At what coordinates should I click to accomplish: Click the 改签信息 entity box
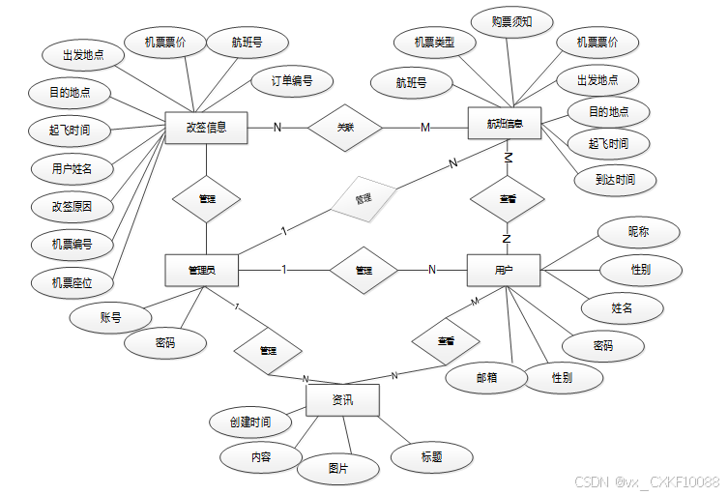click(x=206, y=128)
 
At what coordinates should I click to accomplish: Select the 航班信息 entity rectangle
click(x=505, y=124)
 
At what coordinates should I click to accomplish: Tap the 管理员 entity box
click(x=201, y=270)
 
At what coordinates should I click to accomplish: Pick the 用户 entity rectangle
click(x=503, y=270)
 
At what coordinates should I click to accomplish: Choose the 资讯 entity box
click(x=342, y=399)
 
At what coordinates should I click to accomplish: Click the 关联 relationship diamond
click(x=345, y=128)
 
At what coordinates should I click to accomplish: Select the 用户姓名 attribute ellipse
click(x=73, y=168)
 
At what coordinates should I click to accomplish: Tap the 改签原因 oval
click(x=73, y=206)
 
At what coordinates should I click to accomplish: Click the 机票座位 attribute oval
click(x=73, y=282)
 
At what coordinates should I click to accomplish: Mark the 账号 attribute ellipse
click(x=110, y=317)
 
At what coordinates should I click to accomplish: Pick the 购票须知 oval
click(x=511, y=21)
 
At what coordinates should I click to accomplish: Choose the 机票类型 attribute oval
click(x=434, y=43)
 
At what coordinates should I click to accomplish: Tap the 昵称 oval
click(x=639, y=232)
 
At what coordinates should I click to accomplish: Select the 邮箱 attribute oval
click(x=486, y=378)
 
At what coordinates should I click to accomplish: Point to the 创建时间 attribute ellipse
click(x=249, y=422)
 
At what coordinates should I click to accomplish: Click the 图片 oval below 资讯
click(x=337, y=468)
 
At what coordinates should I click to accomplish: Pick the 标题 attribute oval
click(x=431, y=457)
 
